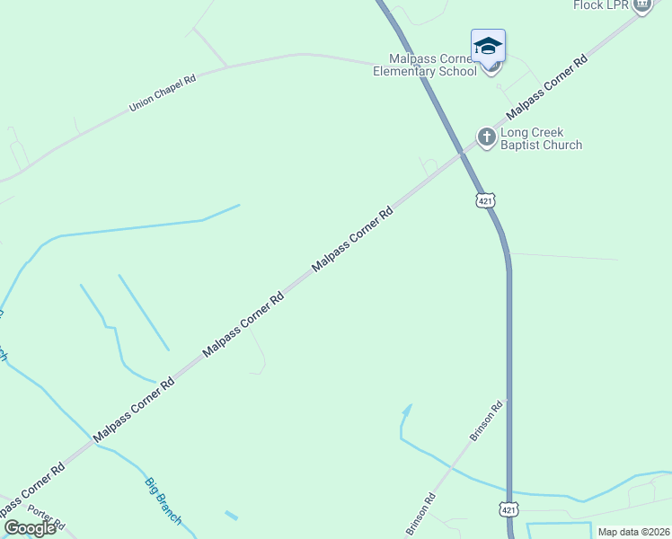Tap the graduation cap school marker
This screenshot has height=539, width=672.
[488, 46]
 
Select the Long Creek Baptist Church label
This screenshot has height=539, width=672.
[541, 138]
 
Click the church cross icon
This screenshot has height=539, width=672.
[486, 137]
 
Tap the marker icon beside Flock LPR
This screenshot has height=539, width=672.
[641, 5]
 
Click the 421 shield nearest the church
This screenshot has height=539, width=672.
[486, 201]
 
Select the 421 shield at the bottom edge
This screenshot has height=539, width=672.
[508, 510]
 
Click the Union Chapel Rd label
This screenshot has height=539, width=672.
[163, 93]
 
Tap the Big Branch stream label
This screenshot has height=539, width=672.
[164, 501]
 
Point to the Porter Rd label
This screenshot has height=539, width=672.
[47, 518]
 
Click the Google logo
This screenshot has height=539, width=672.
[30, 528]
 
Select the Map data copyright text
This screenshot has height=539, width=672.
[633, 532]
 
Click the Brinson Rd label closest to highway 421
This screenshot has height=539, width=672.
[488, 420]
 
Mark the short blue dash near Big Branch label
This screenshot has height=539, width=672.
[232, 516]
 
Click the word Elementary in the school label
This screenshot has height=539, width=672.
[425, 71]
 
